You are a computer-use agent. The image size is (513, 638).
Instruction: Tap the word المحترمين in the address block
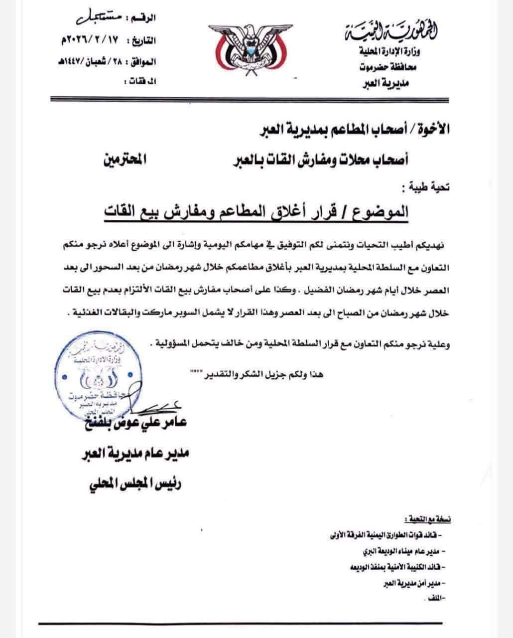(x=122, y=161)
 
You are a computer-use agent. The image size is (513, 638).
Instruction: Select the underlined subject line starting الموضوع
(x=256, y=211)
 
